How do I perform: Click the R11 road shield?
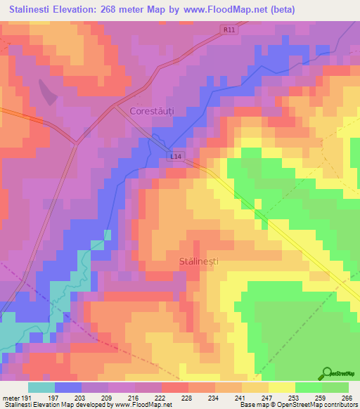[228, 30]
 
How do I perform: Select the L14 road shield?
[176, 157]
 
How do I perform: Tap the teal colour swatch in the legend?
[41, 387]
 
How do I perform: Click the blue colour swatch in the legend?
[68, 387]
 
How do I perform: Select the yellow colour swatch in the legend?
[282, 387]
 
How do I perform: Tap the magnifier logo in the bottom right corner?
[328, 374]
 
